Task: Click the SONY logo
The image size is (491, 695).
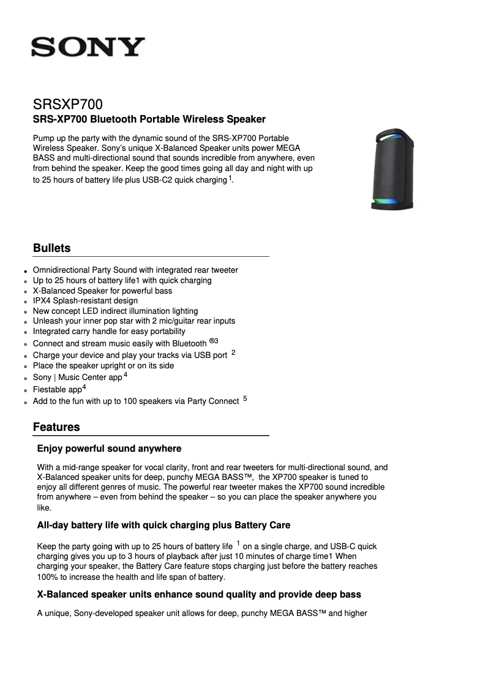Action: coord(88,47)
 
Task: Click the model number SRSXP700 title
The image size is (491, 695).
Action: coord(67,105)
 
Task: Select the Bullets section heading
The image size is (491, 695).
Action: coord(51,248)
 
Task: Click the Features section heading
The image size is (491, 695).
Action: coord(56,427)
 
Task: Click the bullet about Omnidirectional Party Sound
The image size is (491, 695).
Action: coord(135,270)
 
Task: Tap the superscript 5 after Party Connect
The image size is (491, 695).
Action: coord(245,399)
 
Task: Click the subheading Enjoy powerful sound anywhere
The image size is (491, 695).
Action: coord(109,449)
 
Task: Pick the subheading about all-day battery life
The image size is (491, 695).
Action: coord(163,525)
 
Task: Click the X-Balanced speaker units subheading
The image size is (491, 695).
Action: coord(199,594)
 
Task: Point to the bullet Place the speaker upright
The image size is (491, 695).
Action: coord(103,366)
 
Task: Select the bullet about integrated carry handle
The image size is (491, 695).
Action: coord(109,332)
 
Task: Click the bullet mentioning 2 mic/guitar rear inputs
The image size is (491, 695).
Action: coord(133,321)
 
